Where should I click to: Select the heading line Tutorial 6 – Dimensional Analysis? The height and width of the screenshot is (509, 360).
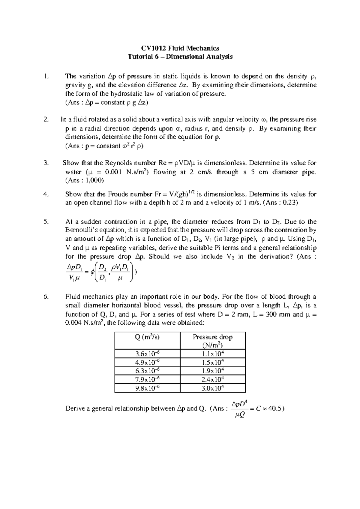180,56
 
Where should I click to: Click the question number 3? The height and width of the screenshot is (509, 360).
46,163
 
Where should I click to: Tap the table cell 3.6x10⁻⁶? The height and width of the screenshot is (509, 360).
147,354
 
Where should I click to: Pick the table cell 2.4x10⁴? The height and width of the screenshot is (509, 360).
213,379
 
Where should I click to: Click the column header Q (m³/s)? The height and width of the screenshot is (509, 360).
147,337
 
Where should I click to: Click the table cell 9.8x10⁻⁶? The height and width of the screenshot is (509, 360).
147,388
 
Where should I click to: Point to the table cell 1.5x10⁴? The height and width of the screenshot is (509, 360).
213,362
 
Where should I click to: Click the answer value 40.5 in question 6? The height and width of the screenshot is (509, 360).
275,408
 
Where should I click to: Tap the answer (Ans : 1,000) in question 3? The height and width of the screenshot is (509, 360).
85,181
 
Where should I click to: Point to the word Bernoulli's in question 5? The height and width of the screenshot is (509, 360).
81,230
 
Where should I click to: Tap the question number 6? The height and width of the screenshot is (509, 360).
46,297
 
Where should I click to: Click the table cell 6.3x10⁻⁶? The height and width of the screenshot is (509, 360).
147,371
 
